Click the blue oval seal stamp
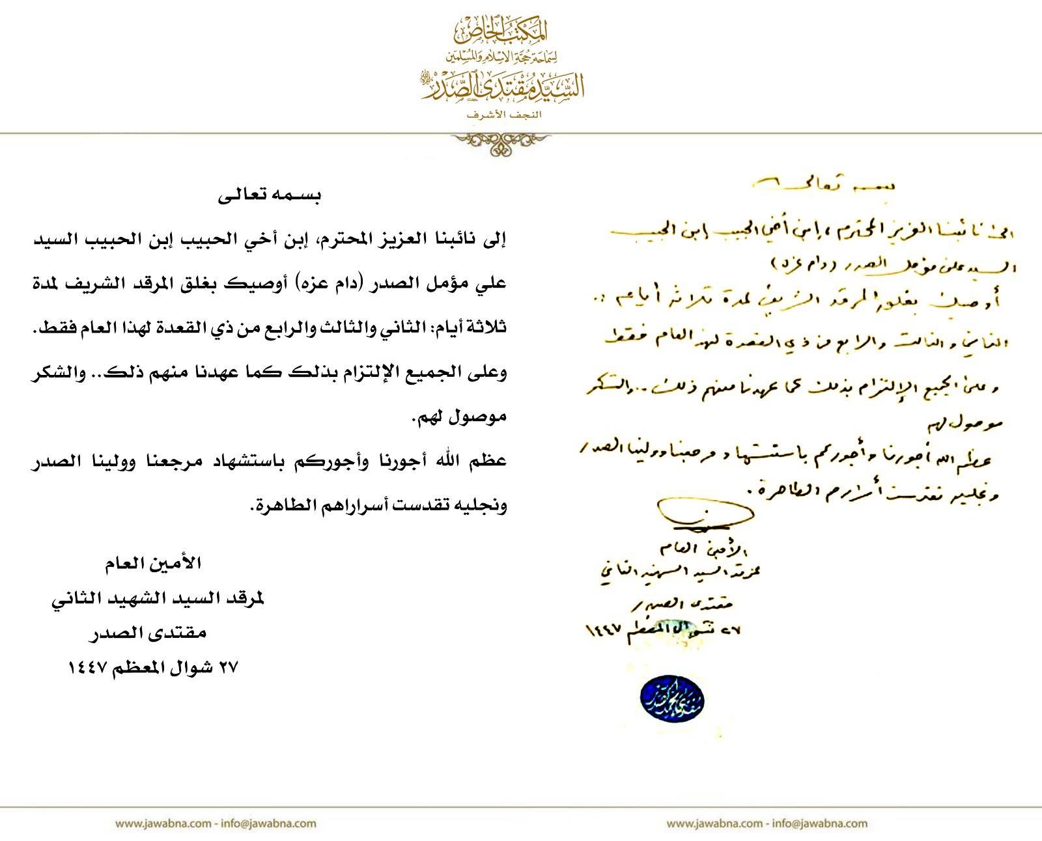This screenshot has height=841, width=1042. [673, 695]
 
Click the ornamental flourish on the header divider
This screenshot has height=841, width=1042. [501, 143]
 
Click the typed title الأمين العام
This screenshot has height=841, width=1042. [153, 564]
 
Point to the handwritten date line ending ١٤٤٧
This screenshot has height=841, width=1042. [664, 629]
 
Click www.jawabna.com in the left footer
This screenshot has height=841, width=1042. [162, 823]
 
